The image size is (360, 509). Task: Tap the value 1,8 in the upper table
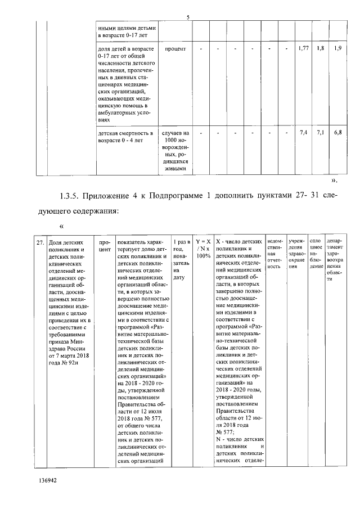pyautogui.click(x=320, y=48)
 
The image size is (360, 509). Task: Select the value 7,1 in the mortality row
pyautogui.click(x=320, y=133)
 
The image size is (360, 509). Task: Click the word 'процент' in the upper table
pyautogui.click(x=175, y=48)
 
